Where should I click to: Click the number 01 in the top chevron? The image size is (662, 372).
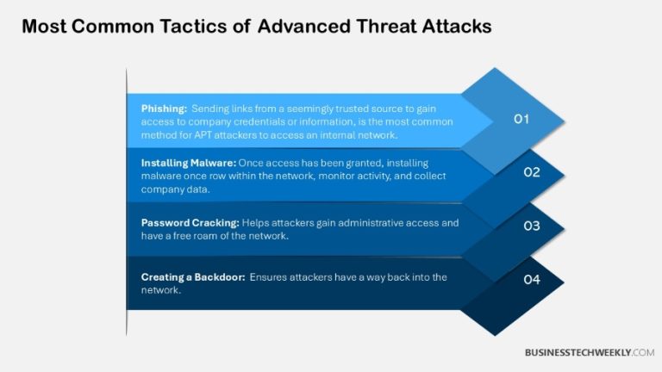521,120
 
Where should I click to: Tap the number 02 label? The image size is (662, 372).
532,172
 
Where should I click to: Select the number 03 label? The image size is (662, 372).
532,226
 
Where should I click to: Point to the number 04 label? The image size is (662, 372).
532,279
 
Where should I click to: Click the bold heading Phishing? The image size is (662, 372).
163,108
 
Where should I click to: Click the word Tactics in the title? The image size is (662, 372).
207,27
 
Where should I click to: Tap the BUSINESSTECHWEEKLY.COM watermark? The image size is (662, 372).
590,352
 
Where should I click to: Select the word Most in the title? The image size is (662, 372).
42,27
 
